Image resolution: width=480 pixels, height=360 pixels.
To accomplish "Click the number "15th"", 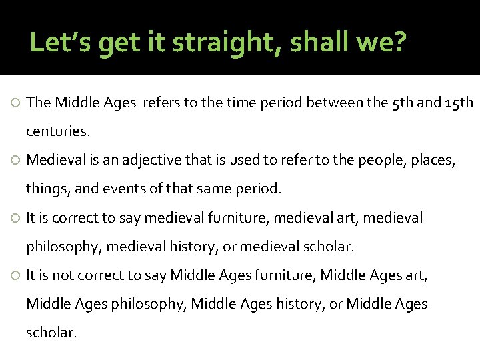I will click(459, 103).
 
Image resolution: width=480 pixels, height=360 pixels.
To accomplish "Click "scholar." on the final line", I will click(51, 333).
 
